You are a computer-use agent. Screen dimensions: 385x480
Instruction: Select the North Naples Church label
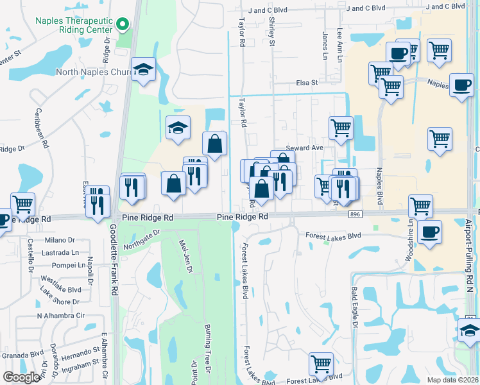coord(93,72)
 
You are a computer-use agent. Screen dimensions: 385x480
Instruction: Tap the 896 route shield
coord(354,213)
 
